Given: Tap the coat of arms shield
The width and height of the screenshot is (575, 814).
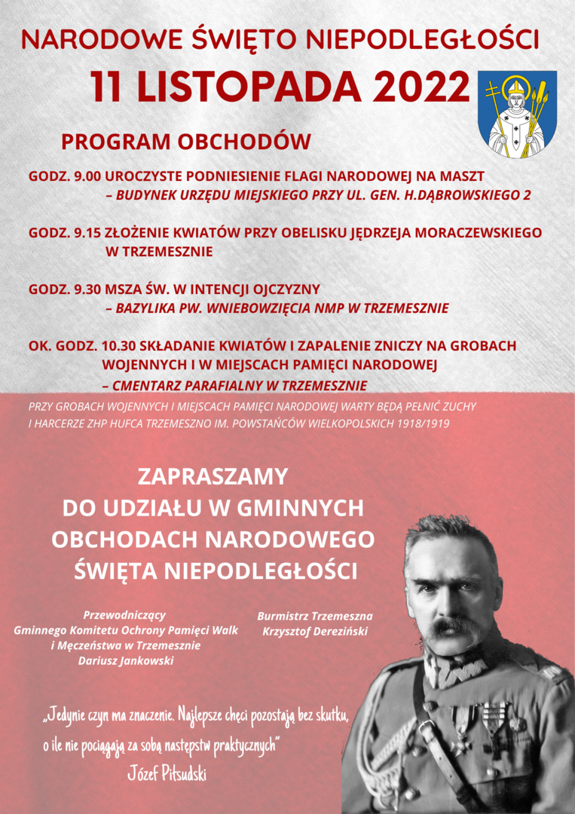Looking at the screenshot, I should (517, 114).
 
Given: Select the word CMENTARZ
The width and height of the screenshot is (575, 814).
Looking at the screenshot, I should (148, 386).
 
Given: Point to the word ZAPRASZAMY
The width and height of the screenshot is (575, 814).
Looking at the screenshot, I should (213, 476).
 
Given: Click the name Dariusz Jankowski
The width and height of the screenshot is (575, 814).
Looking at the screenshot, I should (126, 661).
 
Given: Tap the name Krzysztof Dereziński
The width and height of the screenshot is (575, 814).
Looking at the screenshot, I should (315, 631).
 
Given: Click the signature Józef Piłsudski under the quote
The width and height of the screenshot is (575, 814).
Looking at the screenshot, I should (167, 775).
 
